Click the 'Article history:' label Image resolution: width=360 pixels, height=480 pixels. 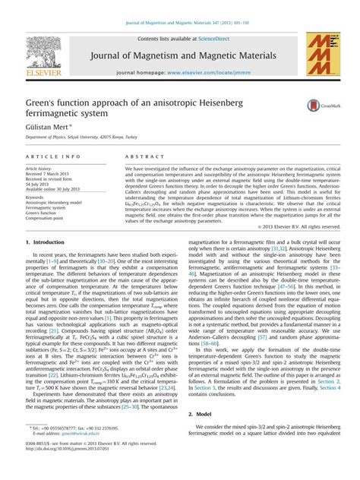point(39,167)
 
